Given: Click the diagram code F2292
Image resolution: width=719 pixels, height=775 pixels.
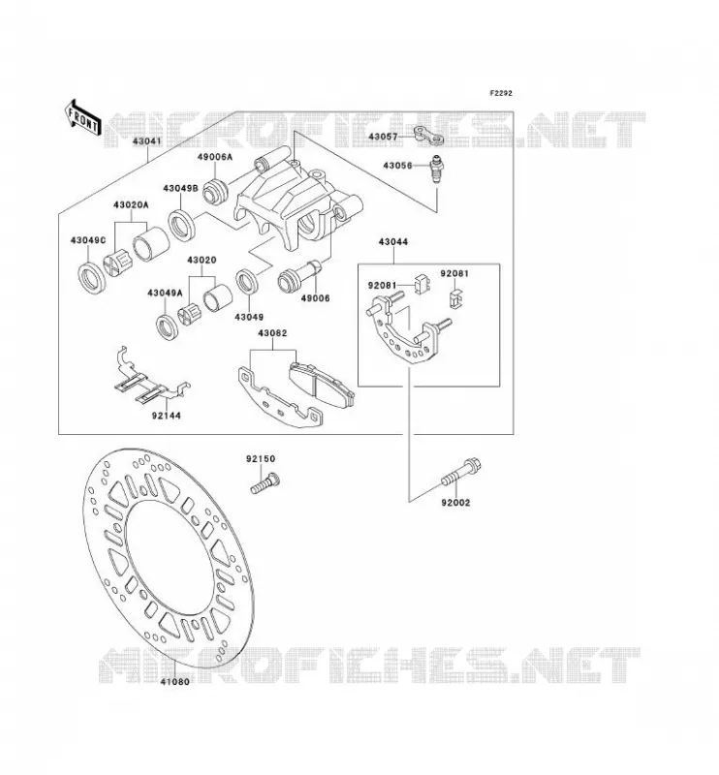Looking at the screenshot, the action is pyautogui.click(x=501, y=93).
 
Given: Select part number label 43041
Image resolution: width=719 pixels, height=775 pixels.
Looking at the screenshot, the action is pyautogui.click(x=147, y=141).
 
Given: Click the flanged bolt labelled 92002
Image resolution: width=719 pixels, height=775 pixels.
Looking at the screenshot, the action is pyautogui.click(x=461, y=473).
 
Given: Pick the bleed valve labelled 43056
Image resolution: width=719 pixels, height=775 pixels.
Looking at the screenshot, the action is pyautogui.click(x=437, y=168).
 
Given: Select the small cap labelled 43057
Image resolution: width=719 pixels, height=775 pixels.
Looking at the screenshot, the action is pyautogui.click(x=428, y=136).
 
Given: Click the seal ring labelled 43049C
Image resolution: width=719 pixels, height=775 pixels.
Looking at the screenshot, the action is pyautogui.click(x=92, y=280).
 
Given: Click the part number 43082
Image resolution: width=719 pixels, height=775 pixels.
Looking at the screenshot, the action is pyautogui.click(x=272, y=333).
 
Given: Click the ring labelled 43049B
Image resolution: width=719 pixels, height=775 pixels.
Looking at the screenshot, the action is pyautogui.click(x=181, y=226).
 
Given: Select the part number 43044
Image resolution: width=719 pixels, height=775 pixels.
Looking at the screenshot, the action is pyautogui.click(x=393, y=241).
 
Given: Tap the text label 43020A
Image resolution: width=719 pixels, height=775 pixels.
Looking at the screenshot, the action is pyautogui.click(x=131, y=204).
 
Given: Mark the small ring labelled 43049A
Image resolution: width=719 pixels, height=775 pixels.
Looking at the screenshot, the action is pyautogui.click(x=169, y=327).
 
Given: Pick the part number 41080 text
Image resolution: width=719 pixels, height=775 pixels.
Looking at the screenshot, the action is pyautogui.click(x=174, y=682).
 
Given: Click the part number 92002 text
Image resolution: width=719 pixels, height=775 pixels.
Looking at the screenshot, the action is pyautogui.click(x=456, y=503).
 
